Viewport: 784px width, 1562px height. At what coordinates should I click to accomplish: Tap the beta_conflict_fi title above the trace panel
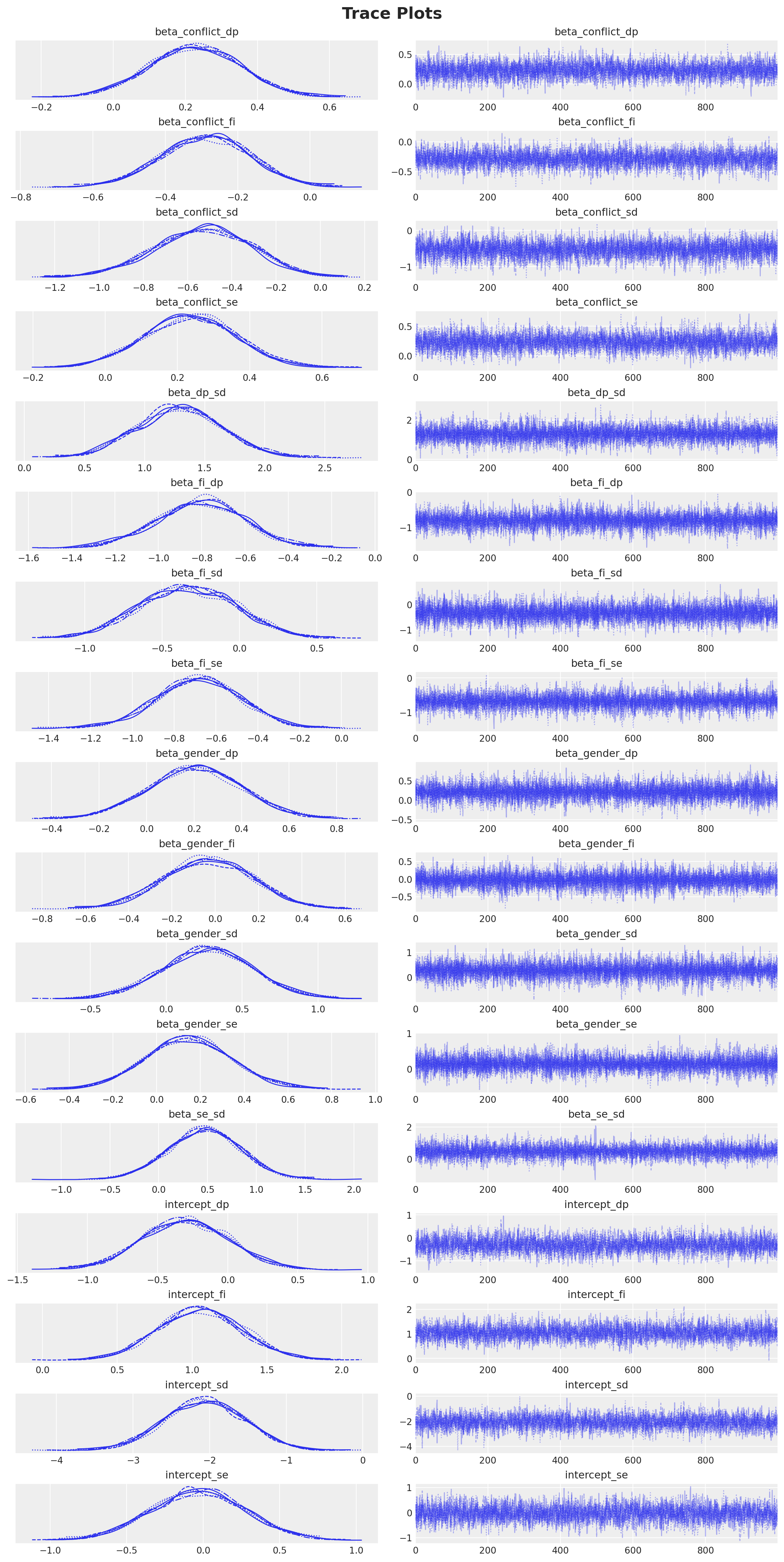coord(596,122)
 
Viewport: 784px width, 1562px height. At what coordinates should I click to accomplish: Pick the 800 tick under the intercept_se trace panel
coord(705,1550)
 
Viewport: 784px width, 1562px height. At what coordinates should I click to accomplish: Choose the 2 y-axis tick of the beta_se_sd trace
coord(409,1127)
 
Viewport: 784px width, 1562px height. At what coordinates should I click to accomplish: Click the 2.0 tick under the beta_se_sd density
coord(354,1190)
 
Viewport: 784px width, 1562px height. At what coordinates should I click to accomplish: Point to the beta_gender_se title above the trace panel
coord(596,1024)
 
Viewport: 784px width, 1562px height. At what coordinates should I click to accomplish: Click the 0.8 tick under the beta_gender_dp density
coord(336,829)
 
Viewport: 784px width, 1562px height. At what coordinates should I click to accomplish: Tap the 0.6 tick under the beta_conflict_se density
coord(322,378)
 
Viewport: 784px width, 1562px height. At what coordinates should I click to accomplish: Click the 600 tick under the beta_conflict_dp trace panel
coord(633,107)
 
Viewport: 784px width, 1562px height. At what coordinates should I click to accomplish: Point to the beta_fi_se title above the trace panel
coord(596,663)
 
